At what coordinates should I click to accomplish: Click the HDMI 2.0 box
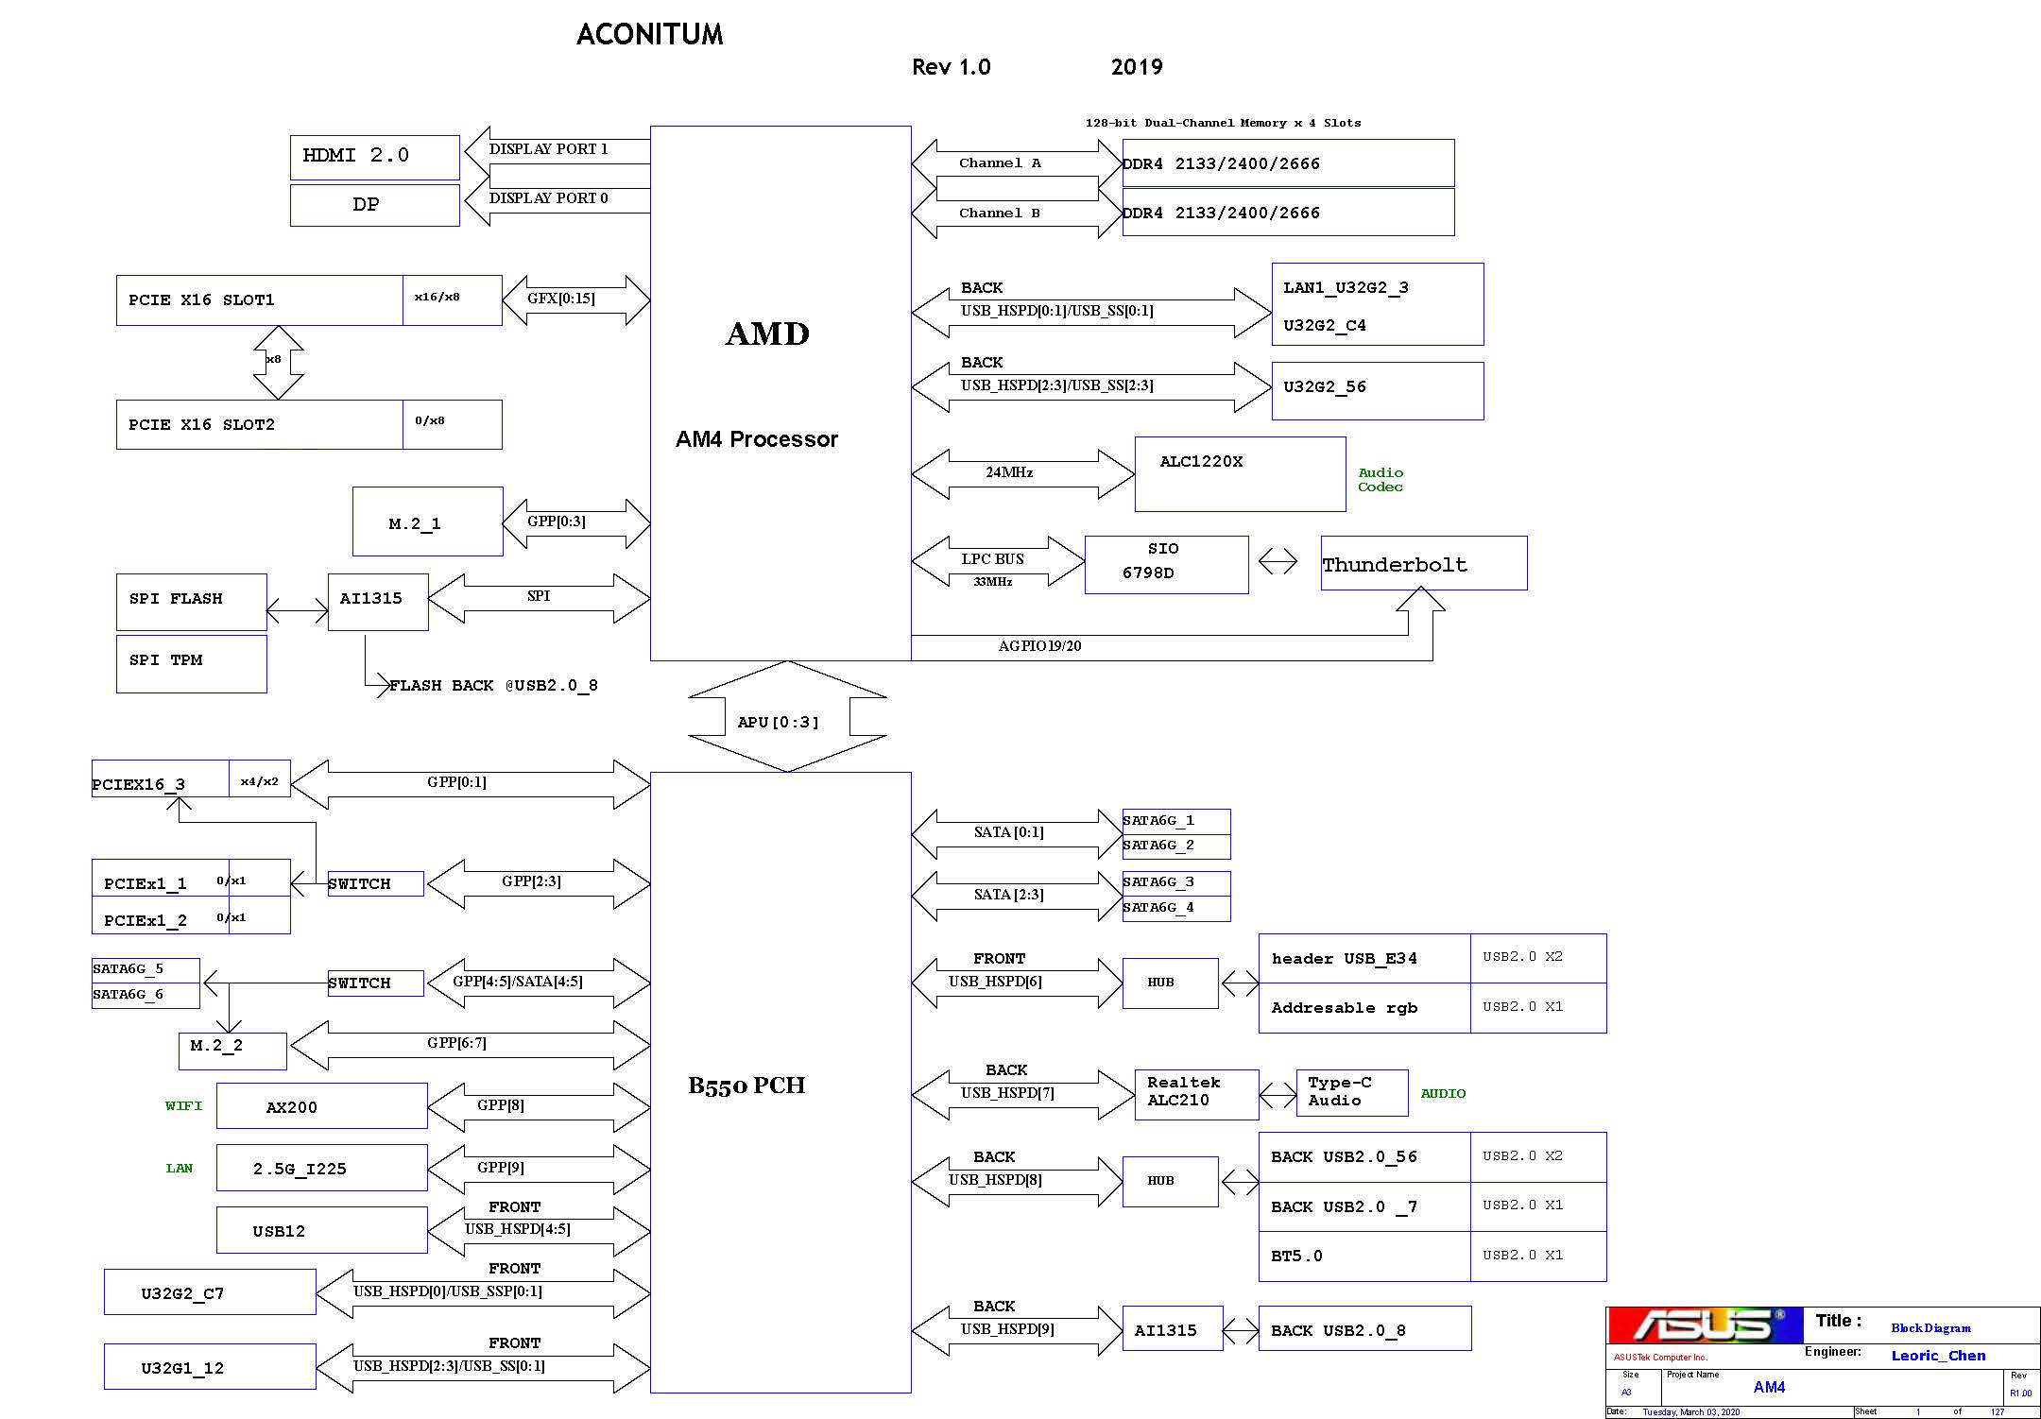click(x=374, y=157)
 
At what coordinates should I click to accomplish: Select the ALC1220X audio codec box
click(x=1240, y=473)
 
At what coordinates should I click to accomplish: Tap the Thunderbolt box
click(x=1424, y=563)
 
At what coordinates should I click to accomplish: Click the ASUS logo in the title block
click(x=1706, y=1325)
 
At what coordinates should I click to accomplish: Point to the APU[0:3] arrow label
click(x=778, y=722)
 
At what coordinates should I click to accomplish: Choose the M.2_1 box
click(x=427, y=521)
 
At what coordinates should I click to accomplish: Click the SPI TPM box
click(x=191, y=663)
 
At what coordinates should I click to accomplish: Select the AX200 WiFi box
click(x=321, y=1105)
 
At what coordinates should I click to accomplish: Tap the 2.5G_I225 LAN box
click(x=321, y=1168)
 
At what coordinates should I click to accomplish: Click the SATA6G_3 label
click(x=1158, y=881)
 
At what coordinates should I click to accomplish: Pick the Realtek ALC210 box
click(x=1196, y=1094)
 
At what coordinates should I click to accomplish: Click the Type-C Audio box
click(x=1352, y=1092)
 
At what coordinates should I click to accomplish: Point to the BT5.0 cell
click(x=1364, y=1257)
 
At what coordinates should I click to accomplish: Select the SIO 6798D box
click(x=1166, y=565)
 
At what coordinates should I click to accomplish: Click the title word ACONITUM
click(x=650, y=35)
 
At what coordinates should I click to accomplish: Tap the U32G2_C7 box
click(x=210, y=1291)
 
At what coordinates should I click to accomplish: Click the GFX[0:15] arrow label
click(x=561, y=299)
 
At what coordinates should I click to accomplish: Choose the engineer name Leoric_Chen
click(x=1938, y=1356)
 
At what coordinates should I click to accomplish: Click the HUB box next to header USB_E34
click(x=1170, y=983)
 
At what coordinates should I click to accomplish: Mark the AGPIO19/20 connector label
click(x=1039, y=646)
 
